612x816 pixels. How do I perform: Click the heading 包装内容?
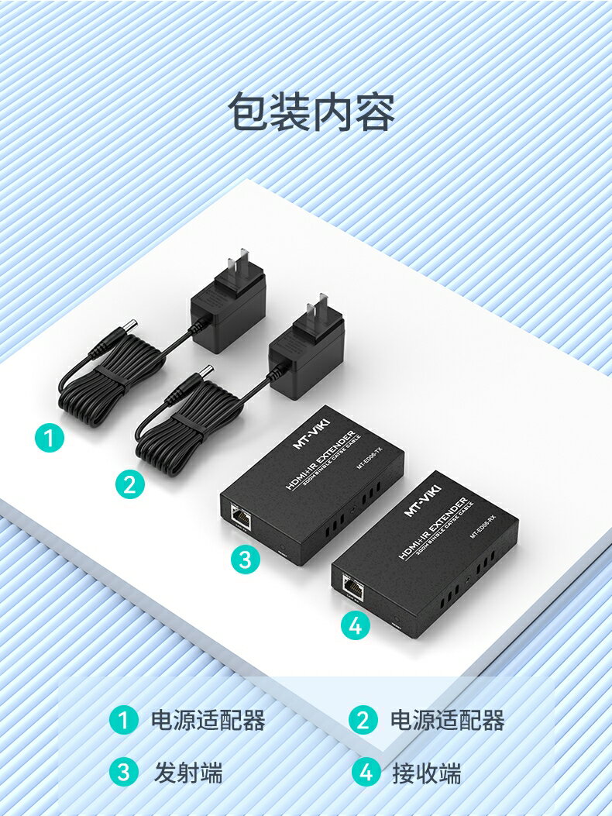311,113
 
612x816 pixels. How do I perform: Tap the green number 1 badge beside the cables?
50,439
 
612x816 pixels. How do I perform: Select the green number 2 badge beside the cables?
130,484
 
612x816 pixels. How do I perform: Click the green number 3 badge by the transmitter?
245,559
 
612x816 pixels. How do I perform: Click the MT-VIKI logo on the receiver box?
422,500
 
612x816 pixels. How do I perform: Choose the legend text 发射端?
188,773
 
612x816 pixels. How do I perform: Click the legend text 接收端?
426,773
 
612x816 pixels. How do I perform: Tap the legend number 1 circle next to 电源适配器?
122,721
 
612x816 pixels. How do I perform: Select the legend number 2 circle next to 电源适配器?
363,721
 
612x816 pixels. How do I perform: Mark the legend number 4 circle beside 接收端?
366,773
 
